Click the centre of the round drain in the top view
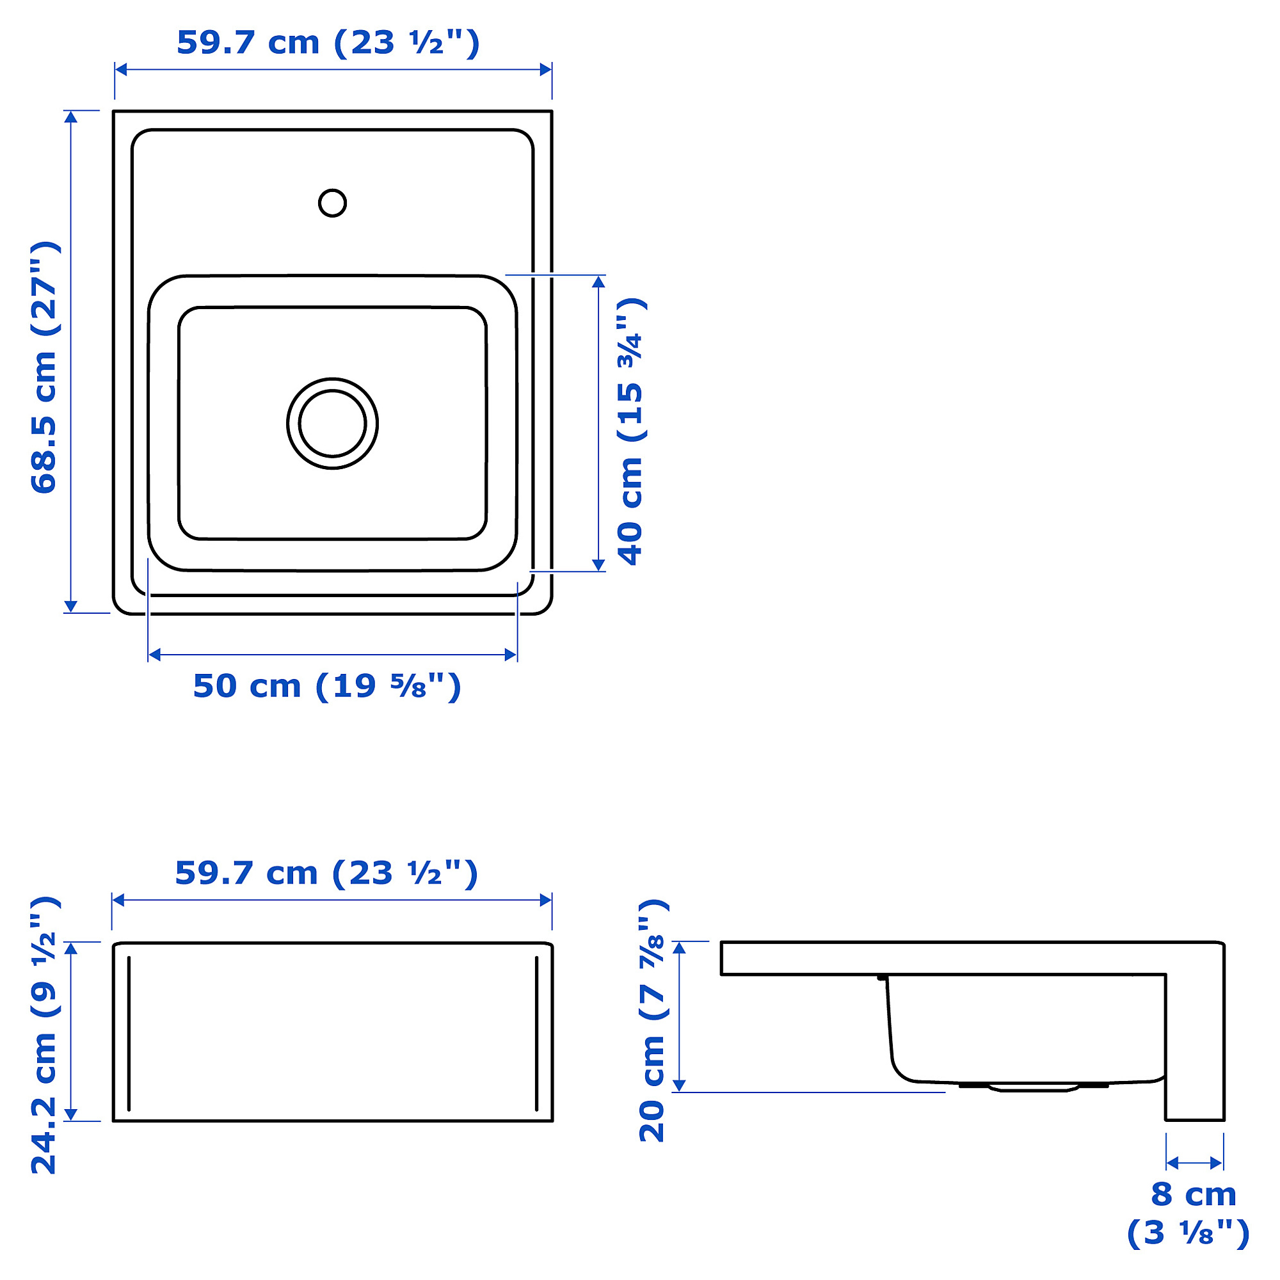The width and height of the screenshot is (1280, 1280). point(332,423)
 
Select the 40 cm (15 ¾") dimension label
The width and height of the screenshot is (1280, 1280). point(632,431)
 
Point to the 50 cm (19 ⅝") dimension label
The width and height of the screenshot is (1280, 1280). point(326,686)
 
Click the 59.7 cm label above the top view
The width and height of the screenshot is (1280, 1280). point(328,43)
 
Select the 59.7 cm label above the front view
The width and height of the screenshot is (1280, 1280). point(326,873)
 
